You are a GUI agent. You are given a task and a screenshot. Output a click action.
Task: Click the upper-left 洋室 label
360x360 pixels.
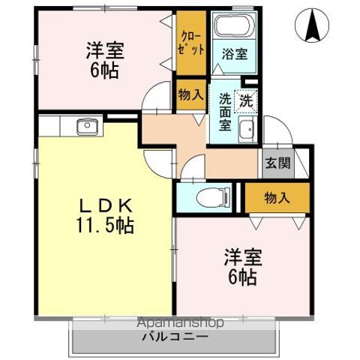coord(104,51)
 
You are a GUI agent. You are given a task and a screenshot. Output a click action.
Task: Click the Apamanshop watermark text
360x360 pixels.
coord(181,323)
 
